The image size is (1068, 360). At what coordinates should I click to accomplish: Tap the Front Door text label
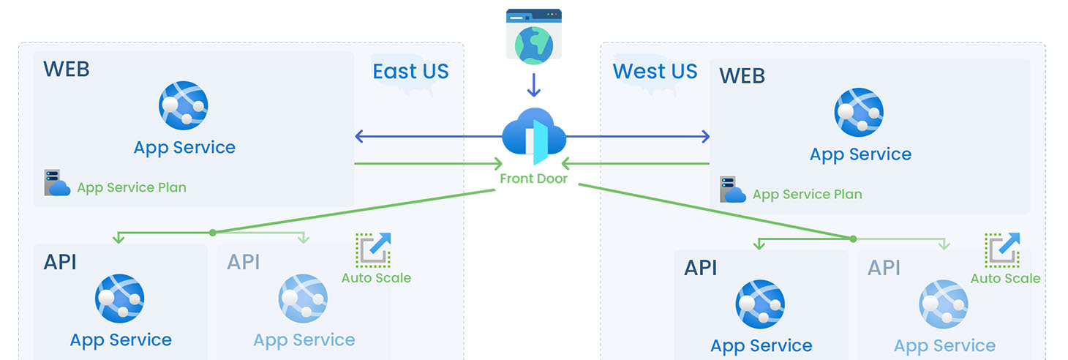533,179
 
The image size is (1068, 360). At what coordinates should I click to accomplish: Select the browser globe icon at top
534,34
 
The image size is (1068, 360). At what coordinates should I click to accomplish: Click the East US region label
410,71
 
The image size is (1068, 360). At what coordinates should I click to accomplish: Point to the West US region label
655,71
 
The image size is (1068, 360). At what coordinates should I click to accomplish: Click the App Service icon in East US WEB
184,105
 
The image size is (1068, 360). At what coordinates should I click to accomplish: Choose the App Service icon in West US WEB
860,113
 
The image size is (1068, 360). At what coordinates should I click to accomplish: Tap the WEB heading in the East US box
67,69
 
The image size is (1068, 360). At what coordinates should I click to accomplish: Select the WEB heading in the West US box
742,76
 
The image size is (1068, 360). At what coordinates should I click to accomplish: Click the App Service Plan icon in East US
56,183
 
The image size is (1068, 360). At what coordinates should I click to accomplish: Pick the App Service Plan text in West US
807,195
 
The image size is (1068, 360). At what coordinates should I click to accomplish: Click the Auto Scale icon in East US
373,250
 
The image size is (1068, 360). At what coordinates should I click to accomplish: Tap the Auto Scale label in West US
1005,279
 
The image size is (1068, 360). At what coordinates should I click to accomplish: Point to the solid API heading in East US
60,262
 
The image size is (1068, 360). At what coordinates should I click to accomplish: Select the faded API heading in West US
884,268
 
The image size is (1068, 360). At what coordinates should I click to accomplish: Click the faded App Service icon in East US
303,299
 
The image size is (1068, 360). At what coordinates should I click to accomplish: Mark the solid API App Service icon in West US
760,304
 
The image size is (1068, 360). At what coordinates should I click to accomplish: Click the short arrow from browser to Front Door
534,84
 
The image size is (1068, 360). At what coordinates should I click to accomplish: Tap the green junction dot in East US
213,233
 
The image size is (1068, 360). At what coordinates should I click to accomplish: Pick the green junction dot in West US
853,239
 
